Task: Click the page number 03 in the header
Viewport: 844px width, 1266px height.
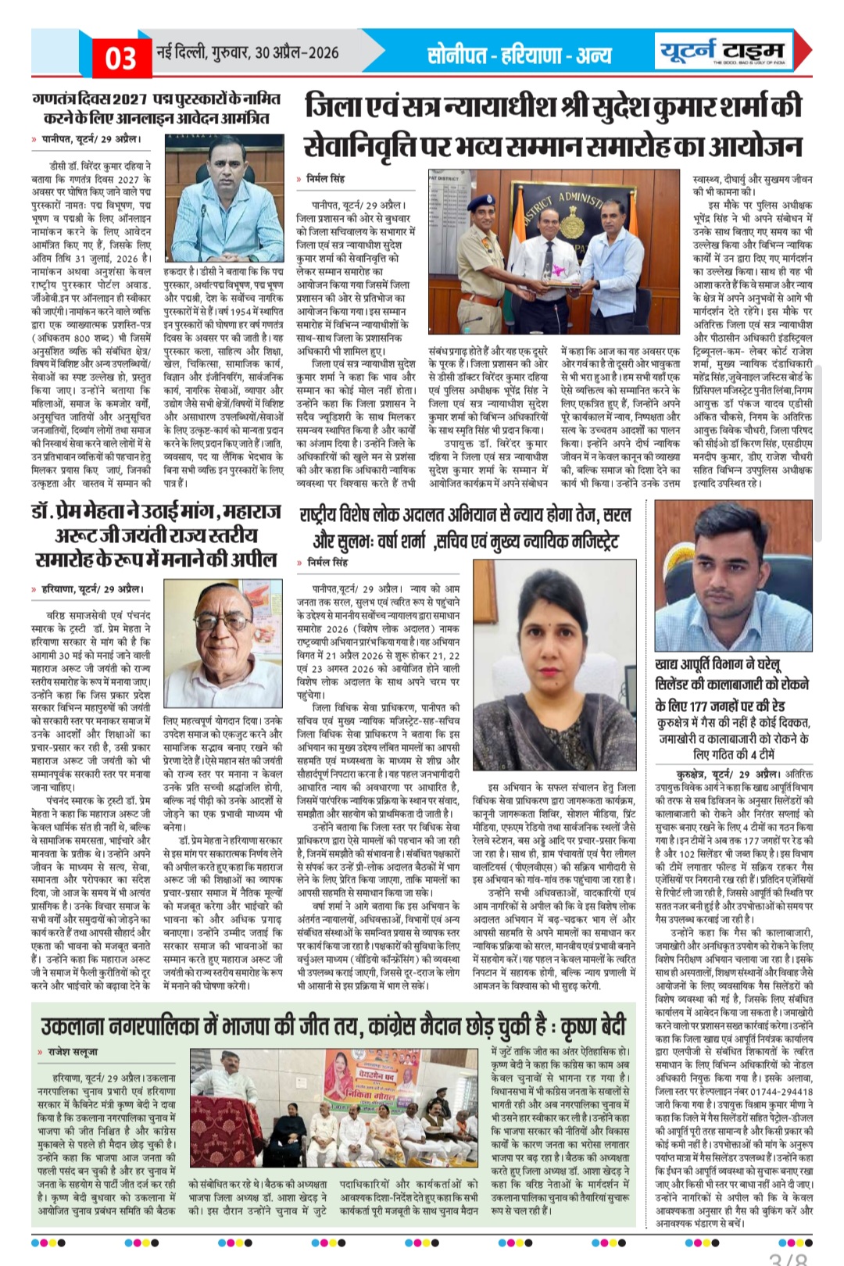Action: click(x=120, y=58)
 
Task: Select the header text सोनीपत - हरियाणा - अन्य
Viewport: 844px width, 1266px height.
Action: click(x=520, y=55)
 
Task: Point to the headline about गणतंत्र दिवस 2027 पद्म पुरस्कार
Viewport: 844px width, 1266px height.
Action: click(x=156, y=109)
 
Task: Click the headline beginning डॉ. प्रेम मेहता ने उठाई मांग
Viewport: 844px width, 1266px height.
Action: click(x=156, y=535)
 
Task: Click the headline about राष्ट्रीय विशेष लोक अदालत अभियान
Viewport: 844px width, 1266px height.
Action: click(x=465, y=527)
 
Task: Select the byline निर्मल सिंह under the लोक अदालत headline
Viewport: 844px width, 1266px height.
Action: click(x=327, y=562)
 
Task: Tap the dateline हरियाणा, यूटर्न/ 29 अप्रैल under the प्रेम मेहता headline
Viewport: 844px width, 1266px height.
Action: click(x=92, y=588)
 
